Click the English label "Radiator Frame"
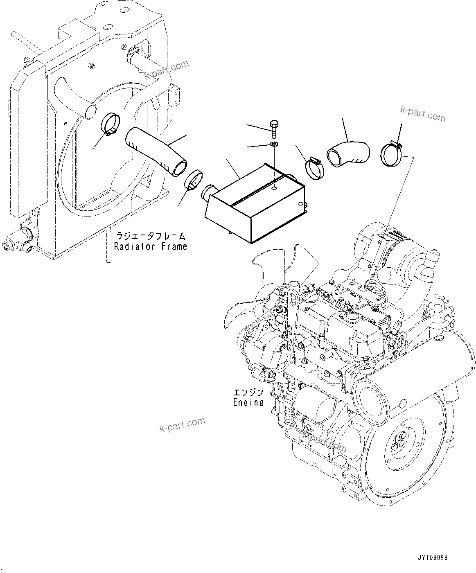point(150,246)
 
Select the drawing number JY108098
point(433,557)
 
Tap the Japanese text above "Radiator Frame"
point(150,236)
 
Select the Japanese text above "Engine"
point(248,392)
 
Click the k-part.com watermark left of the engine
point(182,424)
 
